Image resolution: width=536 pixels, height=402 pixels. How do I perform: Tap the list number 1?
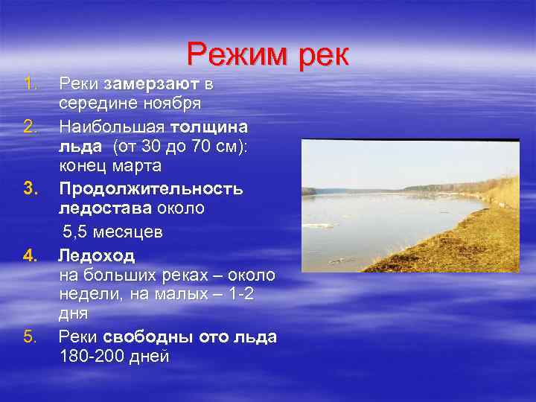[x=29, y=81]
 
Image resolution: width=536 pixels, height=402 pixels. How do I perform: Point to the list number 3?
[x=29, y=189]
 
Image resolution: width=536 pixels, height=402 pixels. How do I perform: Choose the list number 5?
[x=29, y=336]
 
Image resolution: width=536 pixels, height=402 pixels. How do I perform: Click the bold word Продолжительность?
[x=150, y=188]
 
